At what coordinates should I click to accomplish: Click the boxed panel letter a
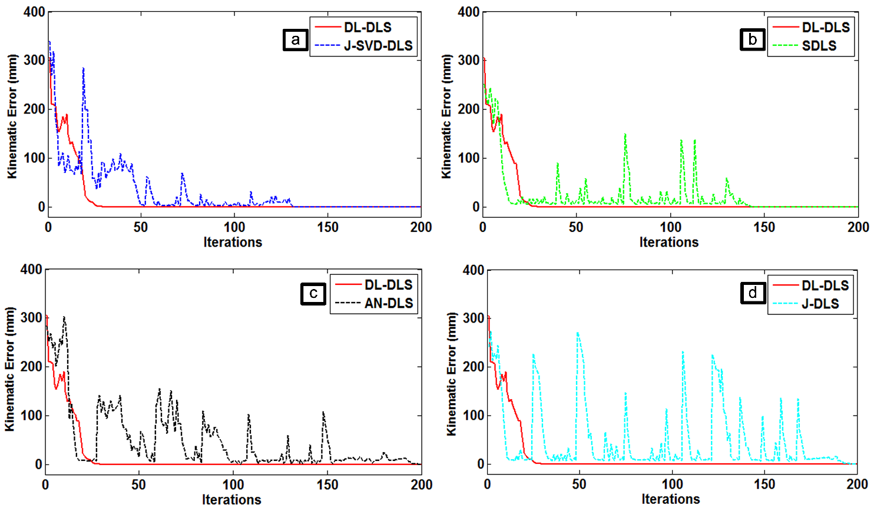(x=295, y=40)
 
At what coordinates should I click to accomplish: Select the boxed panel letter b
(x=752, y=39)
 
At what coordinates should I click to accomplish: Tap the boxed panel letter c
(x=313, y=293)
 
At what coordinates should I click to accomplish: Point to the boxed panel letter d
(x=753, y=293)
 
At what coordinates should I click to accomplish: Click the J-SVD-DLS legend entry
(x=378, y=46)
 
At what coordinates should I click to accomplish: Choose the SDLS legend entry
(x=819, y=46)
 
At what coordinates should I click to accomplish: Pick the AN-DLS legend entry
(x=388, y=304)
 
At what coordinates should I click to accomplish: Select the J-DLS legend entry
(x=820, y=304)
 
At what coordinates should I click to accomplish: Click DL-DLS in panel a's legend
(x=368, y=27)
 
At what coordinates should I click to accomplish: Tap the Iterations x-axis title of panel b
(x=669, y=242)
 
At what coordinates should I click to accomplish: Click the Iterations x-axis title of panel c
(x=231, y=499)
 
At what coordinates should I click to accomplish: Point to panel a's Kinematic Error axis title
(x=12, y=117)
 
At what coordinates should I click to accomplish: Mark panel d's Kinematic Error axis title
(x=452, y=374)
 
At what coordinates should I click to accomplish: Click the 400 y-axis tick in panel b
(x=468, y=12)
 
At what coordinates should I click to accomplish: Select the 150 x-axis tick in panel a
(x=327, y=227)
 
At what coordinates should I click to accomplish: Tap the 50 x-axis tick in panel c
(x=138, y=484)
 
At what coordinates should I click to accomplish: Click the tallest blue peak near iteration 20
(x=84, y=68)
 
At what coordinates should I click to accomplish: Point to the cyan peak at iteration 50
(x=578, y=333)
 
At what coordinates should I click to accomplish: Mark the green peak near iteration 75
(x=625, y=135)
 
